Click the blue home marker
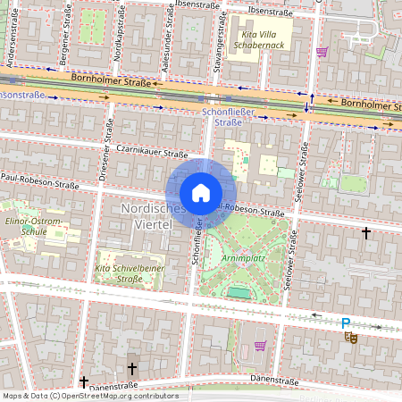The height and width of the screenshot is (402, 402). click(201, 193)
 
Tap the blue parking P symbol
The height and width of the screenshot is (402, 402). click(346, 322)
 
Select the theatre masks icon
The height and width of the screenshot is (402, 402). click(351, 337)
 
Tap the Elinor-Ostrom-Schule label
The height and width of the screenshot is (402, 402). click(33, 222)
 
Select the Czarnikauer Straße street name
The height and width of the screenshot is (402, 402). click(151, 154)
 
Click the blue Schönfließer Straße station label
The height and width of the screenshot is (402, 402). click(230, 116)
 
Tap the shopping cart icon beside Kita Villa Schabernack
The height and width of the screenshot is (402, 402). click(322, 51)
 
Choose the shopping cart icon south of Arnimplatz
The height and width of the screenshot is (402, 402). click(260, 346)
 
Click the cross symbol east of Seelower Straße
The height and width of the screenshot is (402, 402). click(365, 232)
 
